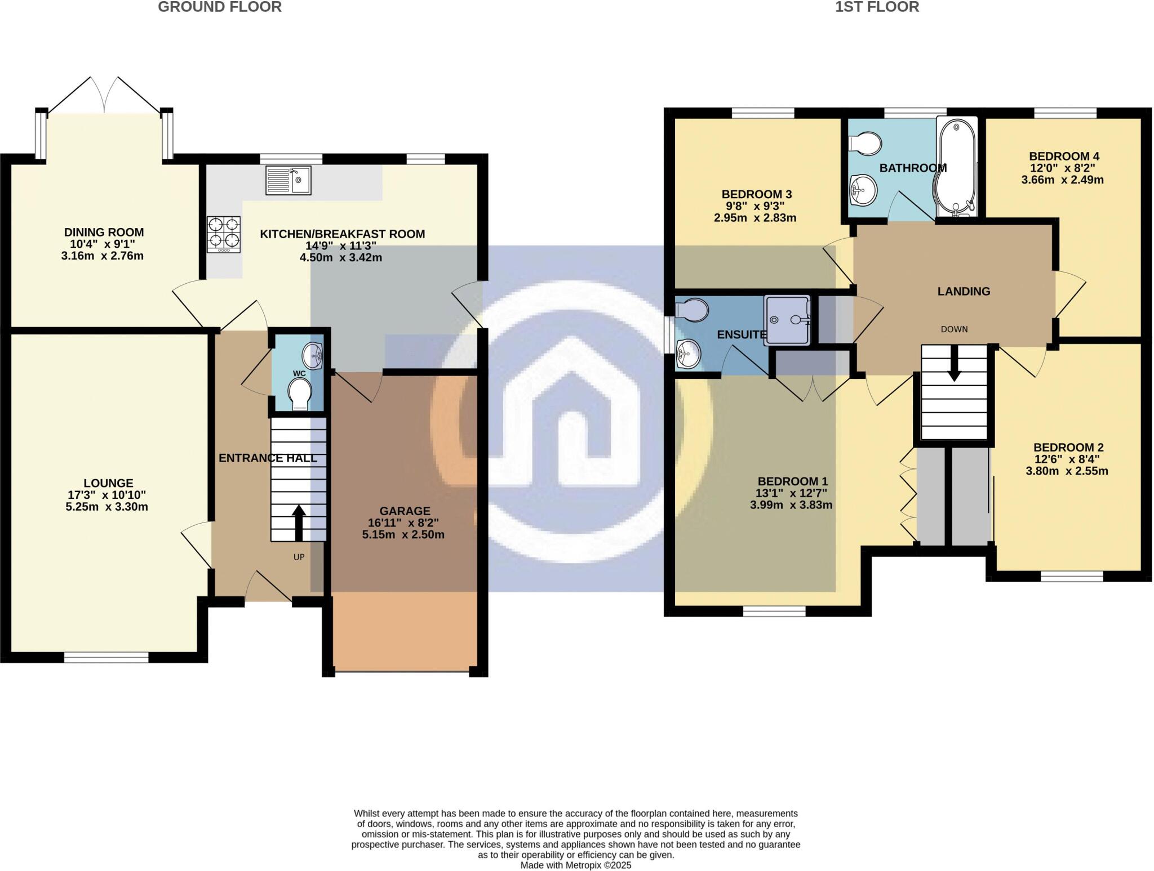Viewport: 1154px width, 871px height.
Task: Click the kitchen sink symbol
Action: tap(288, 180)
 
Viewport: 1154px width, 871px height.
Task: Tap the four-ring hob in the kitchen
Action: tap(224, 234)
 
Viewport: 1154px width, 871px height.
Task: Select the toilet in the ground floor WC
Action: tap(299, 394)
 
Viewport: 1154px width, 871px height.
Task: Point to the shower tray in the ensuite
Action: tap(787, 319)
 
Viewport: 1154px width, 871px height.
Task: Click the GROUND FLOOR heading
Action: tap(220, 7)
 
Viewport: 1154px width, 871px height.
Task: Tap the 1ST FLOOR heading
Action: tap(877, 7)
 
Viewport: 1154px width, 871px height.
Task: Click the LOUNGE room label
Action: tap(108, 483)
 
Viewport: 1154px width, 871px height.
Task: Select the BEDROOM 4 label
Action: tap(1063, 157)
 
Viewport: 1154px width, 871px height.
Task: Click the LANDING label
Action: tap(964, 291)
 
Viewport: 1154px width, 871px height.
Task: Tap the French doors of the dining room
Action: tap(104, 96)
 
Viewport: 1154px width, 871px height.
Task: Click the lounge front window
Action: tap(106, 657)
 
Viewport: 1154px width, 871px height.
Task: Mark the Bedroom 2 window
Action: tap(1071, 576)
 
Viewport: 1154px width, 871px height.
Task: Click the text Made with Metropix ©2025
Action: tap(575, 865)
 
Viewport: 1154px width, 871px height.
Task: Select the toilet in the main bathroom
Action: tap(865, 144)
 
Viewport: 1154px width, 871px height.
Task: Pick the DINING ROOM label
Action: tap(104, 232)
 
